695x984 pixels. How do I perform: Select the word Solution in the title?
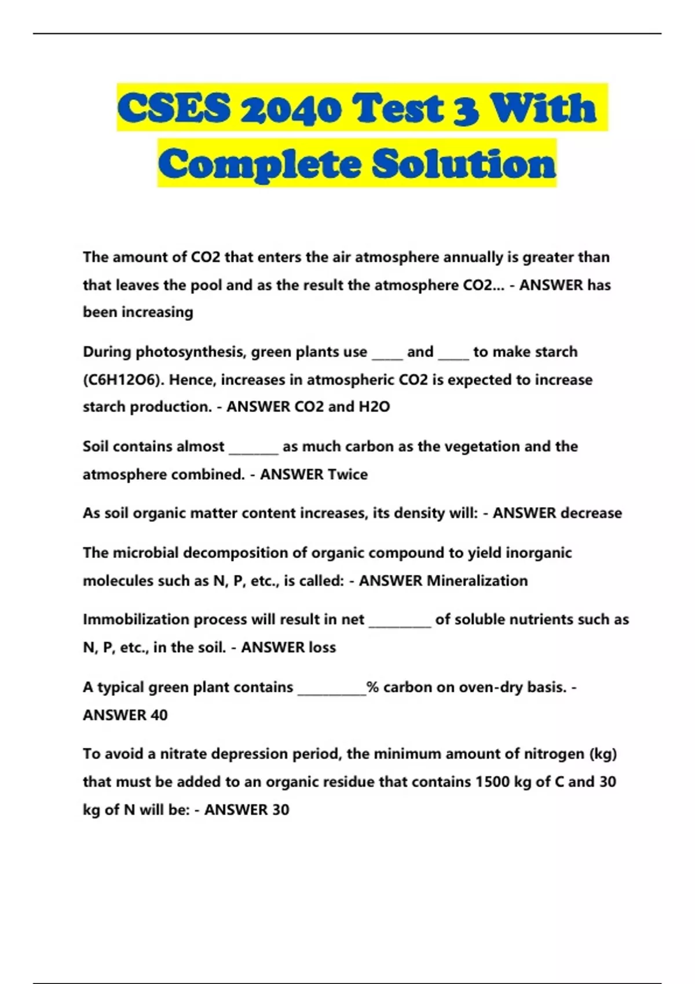[x=464, y=164]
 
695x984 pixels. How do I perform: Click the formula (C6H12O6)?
[x=123, y=380]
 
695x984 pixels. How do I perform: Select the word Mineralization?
[x=477, y=581]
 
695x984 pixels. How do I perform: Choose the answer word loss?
[x=322, y=647]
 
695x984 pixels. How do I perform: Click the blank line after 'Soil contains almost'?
[x=254, y=450]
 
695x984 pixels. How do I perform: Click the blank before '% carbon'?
[x=331, y=691]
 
